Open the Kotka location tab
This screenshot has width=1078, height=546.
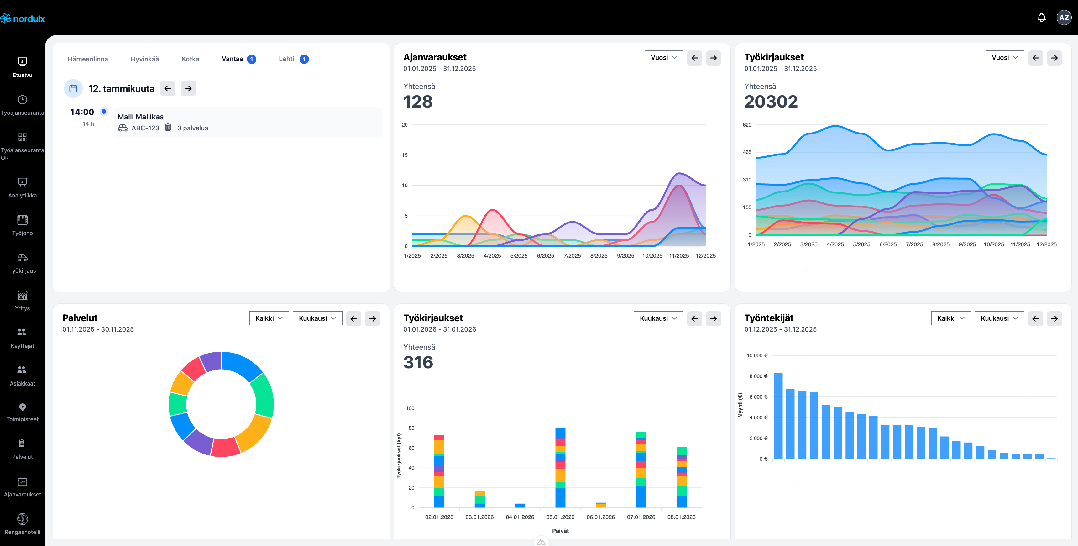tap(190, 59)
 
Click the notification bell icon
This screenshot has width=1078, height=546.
tap(1041, 18)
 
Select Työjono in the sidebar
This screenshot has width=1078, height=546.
tap(22, 225)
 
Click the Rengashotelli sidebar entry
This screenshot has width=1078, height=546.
tap(22, 524)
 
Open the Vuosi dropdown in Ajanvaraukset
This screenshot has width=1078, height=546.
tap(663, 58)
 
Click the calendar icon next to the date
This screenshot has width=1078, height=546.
tap(73, 88)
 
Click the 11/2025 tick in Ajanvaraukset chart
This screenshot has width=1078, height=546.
tap(678, 256)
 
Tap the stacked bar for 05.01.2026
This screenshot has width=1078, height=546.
tap(560, 467)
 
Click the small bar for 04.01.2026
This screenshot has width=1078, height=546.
tap(520, 505)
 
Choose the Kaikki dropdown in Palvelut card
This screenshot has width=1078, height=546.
tap(269, 318)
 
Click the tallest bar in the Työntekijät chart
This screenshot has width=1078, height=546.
tap(778, 416)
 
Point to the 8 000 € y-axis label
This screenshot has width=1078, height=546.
tap(758, 376)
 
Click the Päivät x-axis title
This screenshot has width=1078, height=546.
tap(560, 531)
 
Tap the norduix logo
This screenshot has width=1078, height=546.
tap(23, 19)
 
